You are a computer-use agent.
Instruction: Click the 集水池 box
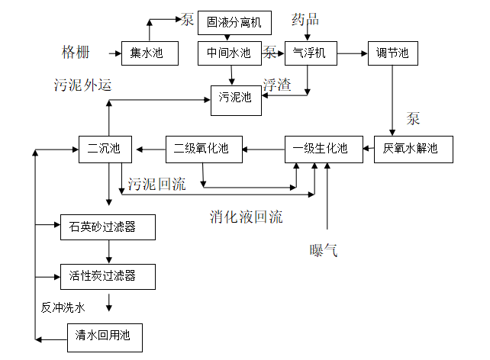pyautogui.click(x=150, y=53)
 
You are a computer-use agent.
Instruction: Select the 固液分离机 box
pyautogui.click(x=234, y=22)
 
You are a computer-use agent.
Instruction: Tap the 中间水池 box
pyautogui.click(x=229, y=53)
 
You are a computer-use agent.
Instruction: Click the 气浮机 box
pyautogui.click(x=310, y=53)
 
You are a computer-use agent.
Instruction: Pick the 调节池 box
pyautogui.click(x=392, y=53)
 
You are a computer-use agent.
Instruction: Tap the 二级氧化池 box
pyautogui.click(x=204, y=149)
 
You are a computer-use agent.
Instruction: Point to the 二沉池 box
pyautogui.click(x=105, y=149)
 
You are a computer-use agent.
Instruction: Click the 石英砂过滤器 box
pyautogui.click(x=108, y=227)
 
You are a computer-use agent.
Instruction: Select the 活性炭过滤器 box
pyautogui.click(x=108, y=275)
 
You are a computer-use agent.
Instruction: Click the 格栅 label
pyautogui.click(x=76, y=53)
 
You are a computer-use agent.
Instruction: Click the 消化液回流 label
pyautogui.click(x=247, y=217)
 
